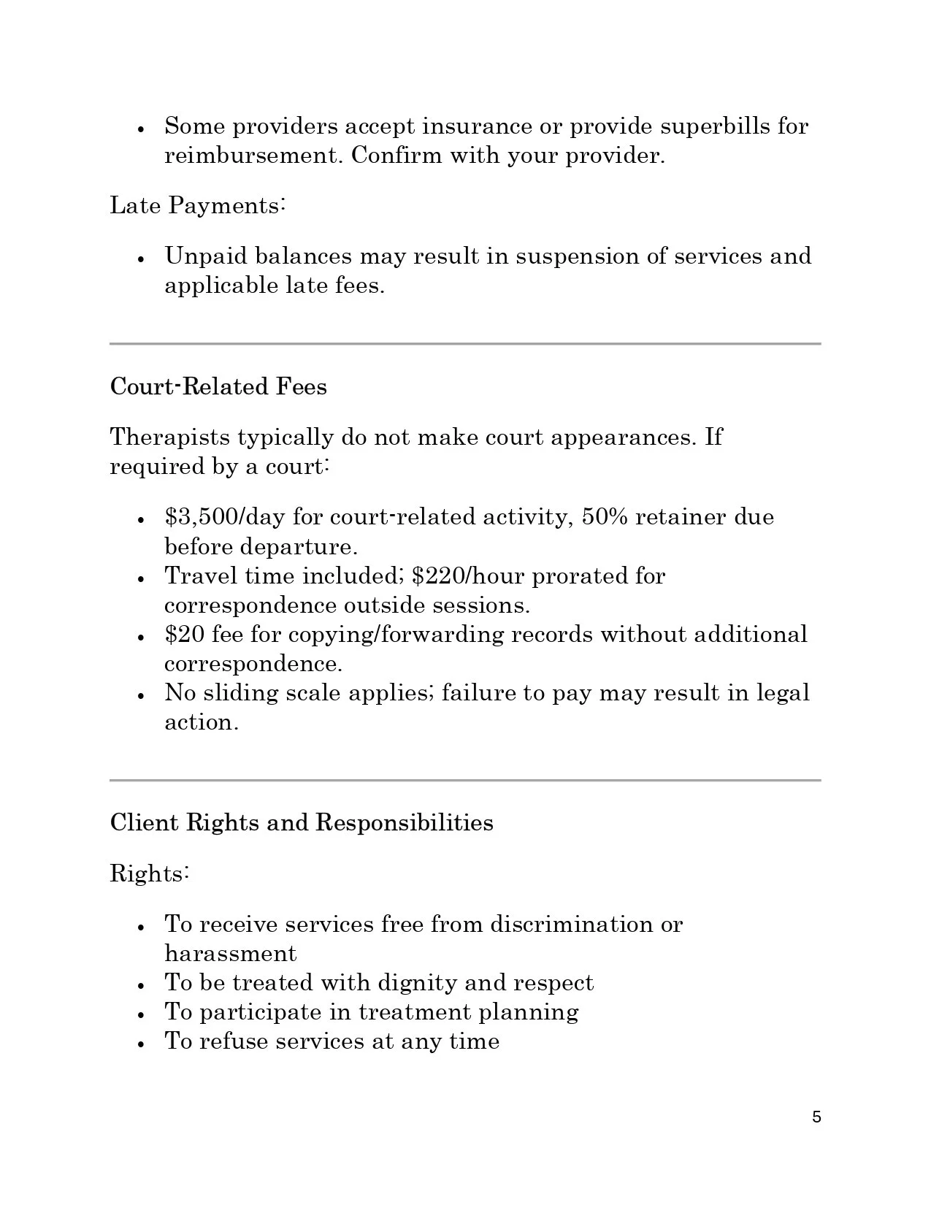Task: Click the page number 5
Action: click(816, 1117)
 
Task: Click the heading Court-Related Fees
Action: click(218, 386)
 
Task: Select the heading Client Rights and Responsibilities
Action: click(302, 823)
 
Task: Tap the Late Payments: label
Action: click(197, 205)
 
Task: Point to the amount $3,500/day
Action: click(224, 517)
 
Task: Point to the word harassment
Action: click(231, 954)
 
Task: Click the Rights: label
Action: click(150, 873)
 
